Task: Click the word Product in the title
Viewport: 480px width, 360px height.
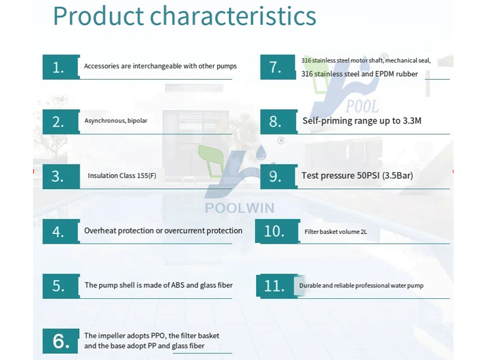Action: [x=98, y=16]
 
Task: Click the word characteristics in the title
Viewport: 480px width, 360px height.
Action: [x=233, y=16]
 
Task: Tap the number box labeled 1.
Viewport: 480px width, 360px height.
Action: [x=61, y=67]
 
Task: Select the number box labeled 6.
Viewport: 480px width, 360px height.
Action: [x=61, y=341]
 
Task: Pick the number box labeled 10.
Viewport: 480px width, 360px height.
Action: [x=277, y=231]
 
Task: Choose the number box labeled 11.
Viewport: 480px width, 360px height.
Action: [x=277, y=286]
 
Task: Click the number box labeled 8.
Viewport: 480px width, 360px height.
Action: [x=278, y=122]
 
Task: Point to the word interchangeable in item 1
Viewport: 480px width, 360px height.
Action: [x=157, y=66]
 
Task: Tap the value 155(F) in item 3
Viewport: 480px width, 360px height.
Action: [x=146, y=176]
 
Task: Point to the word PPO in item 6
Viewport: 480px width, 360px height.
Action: [x=158, y=335]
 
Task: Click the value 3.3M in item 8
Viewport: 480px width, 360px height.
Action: [x=412, y=121]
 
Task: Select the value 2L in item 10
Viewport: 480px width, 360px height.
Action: [x=364, y=232]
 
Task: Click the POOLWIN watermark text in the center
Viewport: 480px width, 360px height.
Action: [x=239, y=208]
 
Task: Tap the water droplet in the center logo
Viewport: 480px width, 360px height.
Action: [x=261, y=152]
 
